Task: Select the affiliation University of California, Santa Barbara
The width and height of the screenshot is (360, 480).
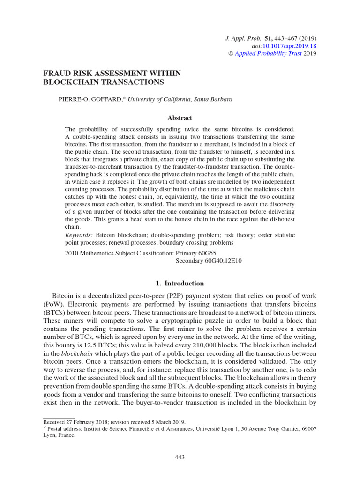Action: pos(180,99)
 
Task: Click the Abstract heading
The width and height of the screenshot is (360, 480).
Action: pos(180,118)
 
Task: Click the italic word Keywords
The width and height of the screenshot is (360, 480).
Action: pos(78,234)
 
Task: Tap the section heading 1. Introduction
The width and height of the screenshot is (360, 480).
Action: pos(180,283)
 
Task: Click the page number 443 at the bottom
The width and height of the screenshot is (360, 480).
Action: pos(180,457)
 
